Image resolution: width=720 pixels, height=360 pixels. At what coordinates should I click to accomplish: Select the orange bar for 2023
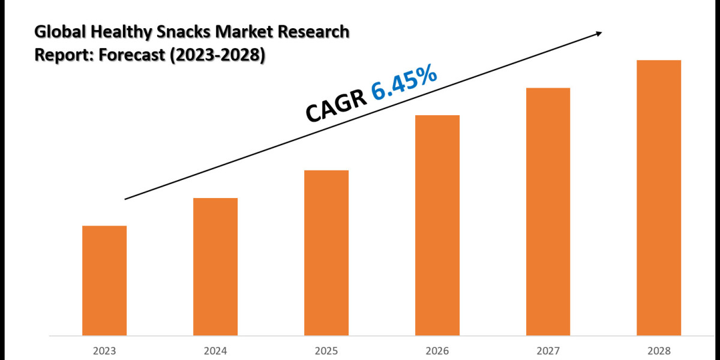[104, 280]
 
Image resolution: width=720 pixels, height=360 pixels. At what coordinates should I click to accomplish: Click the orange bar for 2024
[215, 266]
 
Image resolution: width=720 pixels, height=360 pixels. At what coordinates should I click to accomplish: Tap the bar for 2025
[326, 253]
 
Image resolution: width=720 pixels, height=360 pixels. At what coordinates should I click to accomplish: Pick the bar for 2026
[437, 225]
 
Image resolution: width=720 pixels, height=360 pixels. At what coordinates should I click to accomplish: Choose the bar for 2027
[548, 211]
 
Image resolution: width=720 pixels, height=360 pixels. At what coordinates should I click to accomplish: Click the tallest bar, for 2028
[659, 197]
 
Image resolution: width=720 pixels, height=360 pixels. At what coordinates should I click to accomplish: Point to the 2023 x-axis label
[104, 350]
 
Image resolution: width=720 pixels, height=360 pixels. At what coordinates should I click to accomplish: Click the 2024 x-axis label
[215, 350]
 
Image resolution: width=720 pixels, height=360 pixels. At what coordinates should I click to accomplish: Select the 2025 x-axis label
[326, 350]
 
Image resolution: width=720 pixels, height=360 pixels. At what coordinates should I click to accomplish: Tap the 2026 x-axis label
[437, 350]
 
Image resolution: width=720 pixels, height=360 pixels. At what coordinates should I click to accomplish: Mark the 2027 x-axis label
[548, 350]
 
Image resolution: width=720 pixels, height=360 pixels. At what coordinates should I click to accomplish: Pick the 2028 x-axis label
[659, 350]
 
